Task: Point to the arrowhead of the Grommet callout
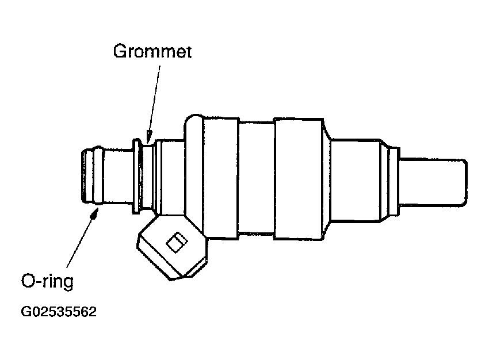(x=148, y=139)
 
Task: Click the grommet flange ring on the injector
(x=138, y=175)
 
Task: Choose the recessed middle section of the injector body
(x=257, y=178)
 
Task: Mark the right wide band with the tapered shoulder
(x=299, y=178)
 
